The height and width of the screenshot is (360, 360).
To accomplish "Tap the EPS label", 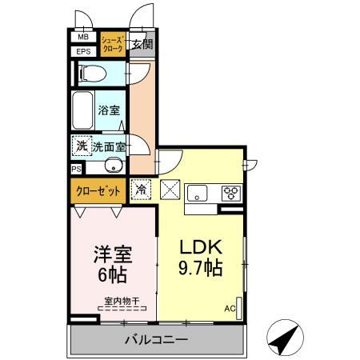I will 83,52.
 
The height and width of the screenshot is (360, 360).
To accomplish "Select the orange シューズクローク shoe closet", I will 112,44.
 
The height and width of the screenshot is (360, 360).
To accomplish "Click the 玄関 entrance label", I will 142,44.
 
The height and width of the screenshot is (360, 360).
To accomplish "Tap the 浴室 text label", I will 109,110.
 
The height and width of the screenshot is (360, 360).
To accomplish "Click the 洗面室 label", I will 108,147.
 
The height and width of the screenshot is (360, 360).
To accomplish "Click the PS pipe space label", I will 76,169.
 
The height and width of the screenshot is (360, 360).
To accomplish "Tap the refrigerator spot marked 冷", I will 140,191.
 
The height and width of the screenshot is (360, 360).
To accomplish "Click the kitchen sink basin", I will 197,193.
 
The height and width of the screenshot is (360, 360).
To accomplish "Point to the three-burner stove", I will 230,192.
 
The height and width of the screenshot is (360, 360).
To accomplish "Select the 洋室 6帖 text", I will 112,262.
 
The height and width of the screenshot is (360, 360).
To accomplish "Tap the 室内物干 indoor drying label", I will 121,302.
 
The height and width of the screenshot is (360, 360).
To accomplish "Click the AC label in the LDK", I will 230,308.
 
